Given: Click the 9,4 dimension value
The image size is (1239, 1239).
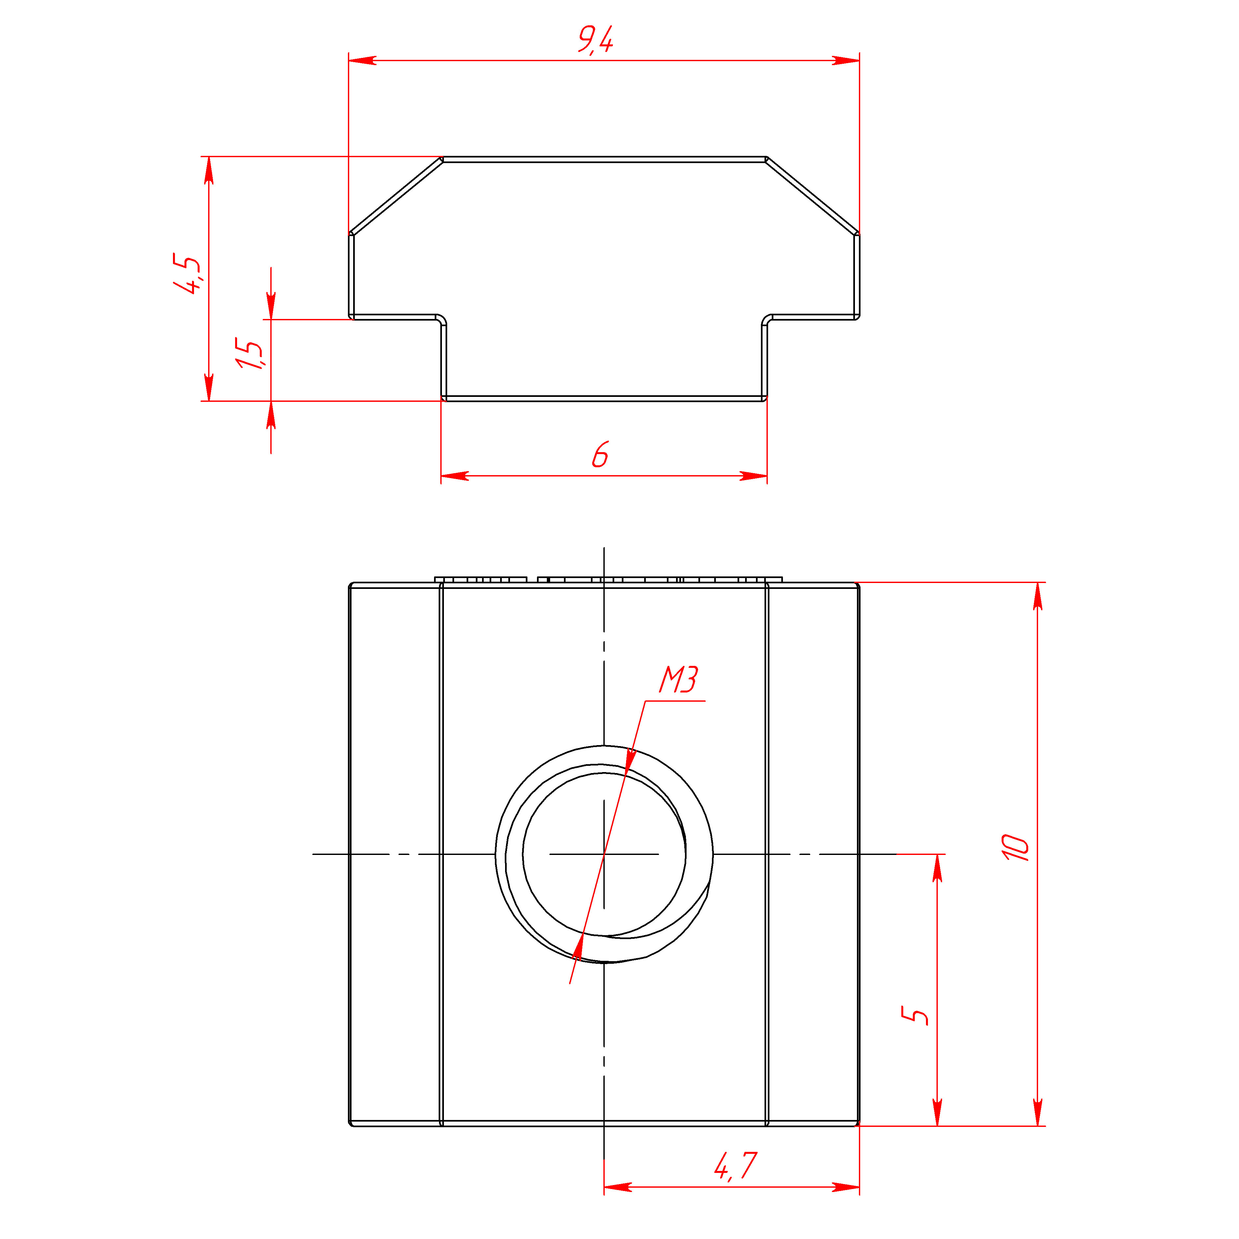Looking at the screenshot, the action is point(595,40).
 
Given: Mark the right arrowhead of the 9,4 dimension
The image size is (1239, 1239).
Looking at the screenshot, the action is point(845,60).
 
